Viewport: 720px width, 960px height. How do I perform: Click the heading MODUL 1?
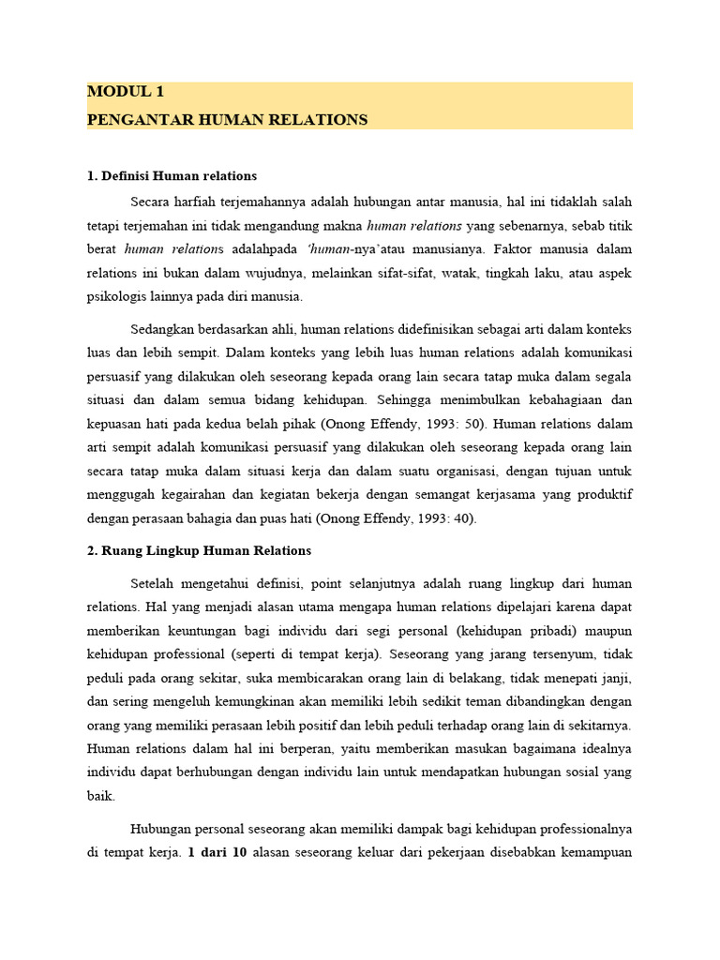coord(125,92)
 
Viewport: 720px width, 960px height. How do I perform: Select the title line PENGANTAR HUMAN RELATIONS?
coord(227,120)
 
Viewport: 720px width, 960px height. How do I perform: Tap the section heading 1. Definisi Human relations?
coord(172,176)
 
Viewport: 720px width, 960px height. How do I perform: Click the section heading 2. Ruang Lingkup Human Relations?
coord(199,550)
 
